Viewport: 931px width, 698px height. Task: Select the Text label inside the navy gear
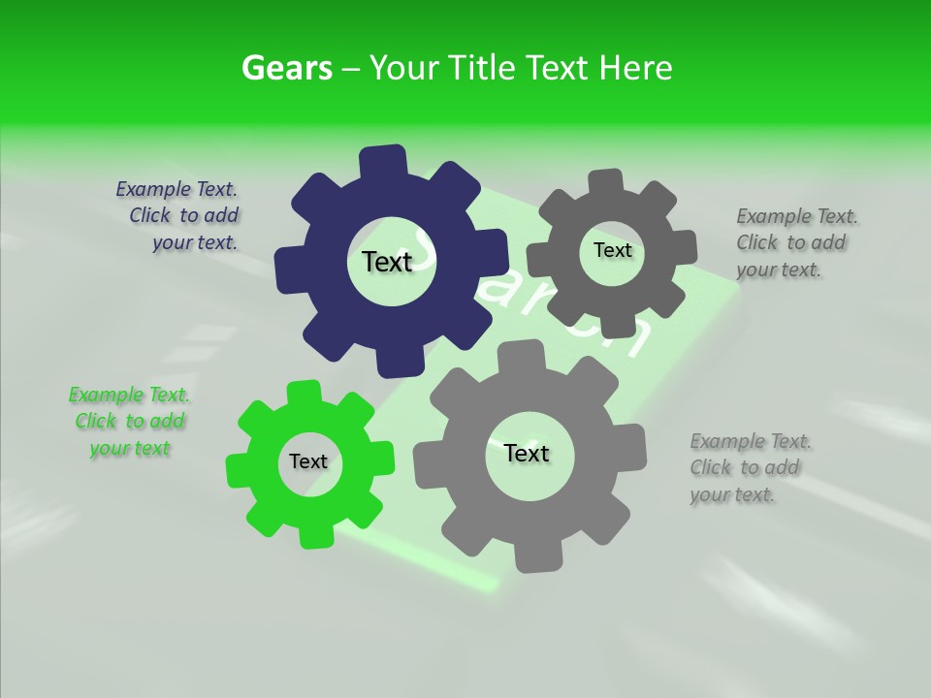387,262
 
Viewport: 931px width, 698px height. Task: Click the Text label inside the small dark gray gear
612,250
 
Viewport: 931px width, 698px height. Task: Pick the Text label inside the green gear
308,461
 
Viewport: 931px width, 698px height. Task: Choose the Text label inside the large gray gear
527,453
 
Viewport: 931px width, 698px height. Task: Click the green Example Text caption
129,422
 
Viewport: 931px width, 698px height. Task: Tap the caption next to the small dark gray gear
796,243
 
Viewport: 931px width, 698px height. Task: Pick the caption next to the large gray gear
750,468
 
